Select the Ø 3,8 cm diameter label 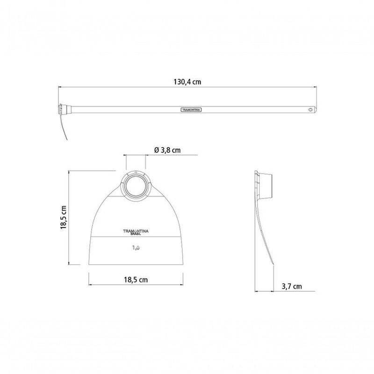[x=167, y=150]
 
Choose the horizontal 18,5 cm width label [x=135, y=280]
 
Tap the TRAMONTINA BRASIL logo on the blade [x=136, y=232]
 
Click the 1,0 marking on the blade [x=136, y=248]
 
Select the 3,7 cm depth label [x=291, y=286]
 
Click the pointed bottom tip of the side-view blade [x=272, y=266]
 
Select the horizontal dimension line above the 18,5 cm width [x=135, y=285]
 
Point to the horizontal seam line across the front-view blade [x=136, y=237]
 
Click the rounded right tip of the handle [x=315, y=110]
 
